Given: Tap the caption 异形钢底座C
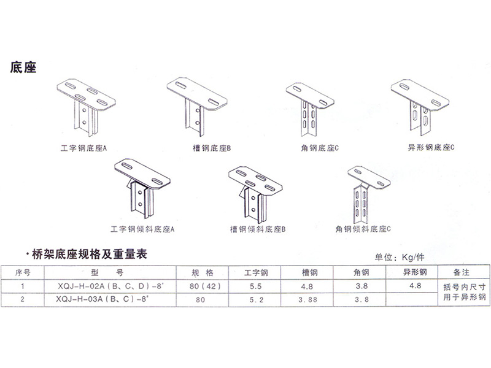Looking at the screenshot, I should coord(430,148).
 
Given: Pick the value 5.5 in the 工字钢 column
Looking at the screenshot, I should coord(255,285).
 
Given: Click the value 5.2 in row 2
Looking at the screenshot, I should coord(255,301).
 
